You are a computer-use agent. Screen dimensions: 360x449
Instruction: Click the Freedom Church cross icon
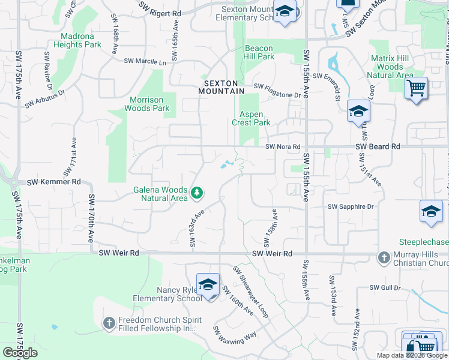[x=109, y=324]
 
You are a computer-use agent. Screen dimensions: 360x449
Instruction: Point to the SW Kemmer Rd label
[x=54, y=181]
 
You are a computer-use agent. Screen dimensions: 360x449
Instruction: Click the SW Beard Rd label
[x=378, y=146]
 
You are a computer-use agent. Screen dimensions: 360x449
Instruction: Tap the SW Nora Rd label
[x=283, y=146]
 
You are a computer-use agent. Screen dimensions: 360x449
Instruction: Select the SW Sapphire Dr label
[x=351, y=206]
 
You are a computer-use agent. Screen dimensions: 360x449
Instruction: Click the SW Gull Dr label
[x=385, y=288]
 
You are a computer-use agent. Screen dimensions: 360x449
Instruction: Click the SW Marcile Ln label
[x=145, y=61]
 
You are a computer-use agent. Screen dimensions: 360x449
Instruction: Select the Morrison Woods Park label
[x=146, y=104]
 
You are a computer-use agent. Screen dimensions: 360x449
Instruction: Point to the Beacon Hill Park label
[x=259, y=53]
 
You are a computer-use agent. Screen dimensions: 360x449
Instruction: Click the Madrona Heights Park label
[x=77, y=40]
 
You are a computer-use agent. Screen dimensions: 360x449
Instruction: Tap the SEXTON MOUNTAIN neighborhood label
[x=223, y=87]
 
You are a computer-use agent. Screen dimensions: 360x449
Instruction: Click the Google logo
[x=20, y=353]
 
